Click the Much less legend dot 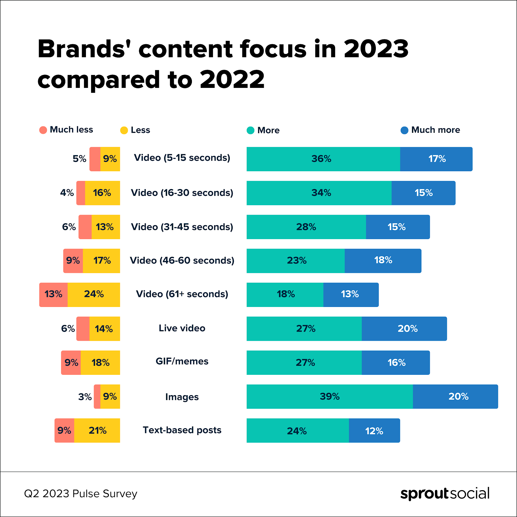(43, 130)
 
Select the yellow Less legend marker (124, 130)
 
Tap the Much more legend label (435, 130)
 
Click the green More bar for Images (330, 396)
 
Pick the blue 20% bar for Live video (404, 329)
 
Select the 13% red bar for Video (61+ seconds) (53, 294)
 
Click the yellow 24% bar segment (94, 294)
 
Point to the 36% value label (321, 159)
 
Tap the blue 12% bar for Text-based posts (374, 431)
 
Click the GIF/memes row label (182, 361)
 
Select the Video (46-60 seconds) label (182, 260)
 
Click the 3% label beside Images (85, 397)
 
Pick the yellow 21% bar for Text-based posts (97, 430)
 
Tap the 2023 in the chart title (376, 49)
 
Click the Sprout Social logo (445, 493)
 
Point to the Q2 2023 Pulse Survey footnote (81, 494)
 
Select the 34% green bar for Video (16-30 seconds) (319, 193)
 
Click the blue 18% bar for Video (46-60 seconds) (383, 260)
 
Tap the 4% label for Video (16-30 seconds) (67, 193)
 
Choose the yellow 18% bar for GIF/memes (100, 363)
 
